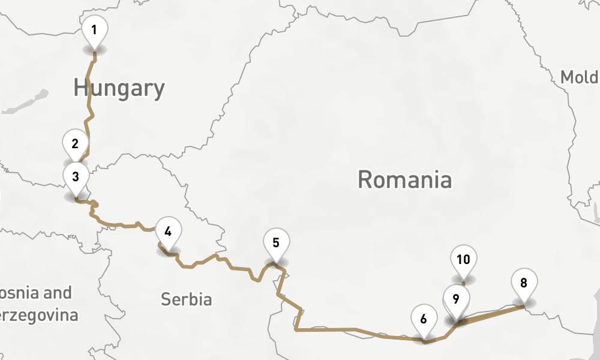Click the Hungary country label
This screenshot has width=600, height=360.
119,88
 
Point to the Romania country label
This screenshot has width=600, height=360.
404,179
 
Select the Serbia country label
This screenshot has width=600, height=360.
186,299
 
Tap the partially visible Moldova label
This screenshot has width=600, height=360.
580,77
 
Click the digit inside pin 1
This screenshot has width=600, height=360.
94,29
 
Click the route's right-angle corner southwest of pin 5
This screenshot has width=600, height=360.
296,329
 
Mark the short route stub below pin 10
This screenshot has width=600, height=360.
463,283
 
